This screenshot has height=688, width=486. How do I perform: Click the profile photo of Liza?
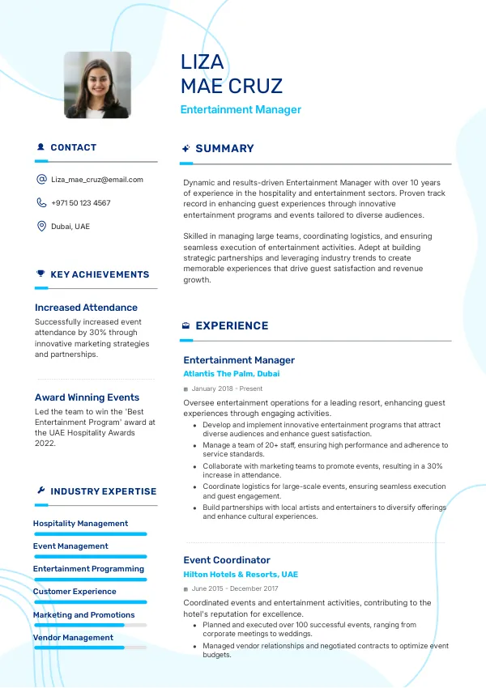97,86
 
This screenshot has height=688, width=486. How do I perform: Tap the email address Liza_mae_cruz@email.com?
96,180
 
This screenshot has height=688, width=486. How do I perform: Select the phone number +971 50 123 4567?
81,203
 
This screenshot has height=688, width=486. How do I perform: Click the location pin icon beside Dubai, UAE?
41,227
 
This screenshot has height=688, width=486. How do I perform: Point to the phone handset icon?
41,203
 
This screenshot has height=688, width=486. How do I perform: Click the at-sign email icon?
41,180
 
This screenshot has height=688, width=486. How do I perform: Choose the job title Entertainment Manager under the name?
241,110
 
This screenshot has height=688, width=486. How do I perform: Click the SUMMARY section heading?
224,149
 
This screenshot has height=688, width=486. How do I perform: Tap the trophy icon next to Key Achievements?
40,274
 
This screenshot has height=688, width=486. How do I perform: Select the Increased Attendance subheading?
86,308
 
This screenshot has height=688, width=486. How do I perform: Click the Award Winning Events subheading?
87,397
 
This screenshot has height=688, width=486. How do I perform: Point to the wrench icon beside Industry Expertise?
40,491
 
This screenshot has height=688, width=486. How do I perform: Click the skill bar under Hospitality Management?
90,534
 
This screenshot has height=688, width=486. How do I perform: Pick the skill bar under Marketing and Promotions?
90,625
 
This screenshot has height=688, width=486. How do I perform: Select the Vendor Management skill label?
73,638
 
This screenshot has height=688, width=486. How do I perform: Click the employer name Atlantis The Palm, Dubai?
231,374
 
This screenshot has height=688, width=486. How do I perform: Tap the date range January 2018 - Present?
227,389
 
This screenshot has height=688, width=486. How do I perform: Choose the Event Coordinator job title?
227,560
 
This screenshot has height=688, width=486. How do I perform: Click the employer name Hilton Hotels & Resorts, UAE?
241,575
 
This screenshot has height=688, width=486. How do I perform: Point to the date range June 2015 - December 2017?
235,589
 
